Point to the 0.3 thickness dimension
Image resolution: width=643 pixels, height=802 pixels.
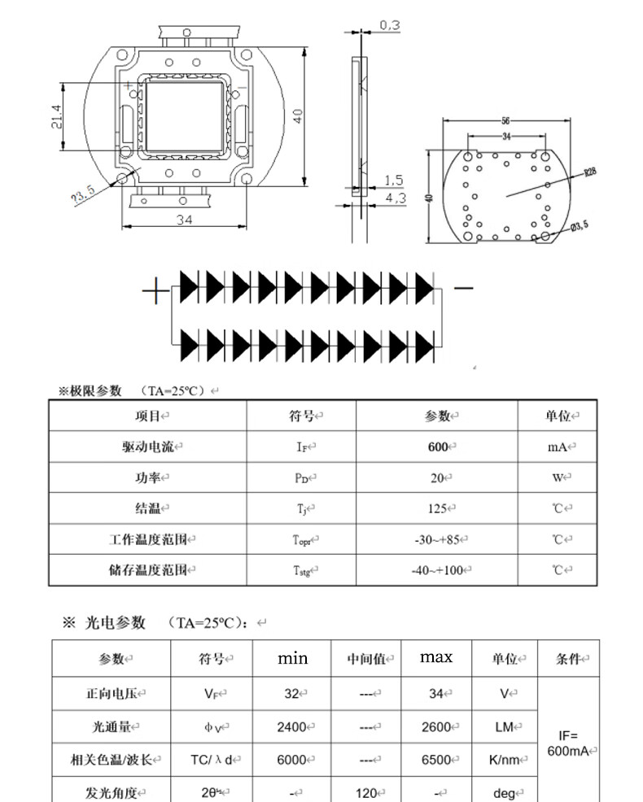(390, 26)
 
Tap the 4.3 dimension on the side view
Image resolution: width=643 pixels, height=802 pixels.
(395, 198)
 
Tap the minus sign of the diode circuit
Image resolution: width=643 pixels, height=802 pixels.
(462, 288)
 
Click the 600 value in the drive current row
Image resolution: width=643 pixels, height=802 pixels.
(438, 447)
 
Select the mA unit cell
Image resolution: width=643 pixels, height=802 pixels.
(557, 447)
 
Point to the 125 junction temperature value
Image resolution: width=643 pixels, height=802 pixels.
(437, 508)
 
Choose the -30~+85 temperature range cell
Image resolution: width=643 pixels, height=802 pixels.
(437, 539)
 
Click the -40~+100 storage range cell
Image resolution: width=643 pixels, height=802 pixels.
(437, 570)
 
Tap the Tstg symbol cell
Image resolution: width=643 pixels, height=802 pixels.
(301, 570)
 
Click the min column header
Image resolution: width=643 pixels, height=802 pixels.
(292, 658)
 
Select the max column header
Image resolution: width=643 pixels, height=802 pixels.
(436, 657)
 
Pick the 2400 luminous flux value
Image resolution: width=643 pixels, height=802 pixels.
(291, 727)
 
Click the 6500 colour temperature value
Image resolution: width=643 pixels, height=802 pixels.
(436, 760)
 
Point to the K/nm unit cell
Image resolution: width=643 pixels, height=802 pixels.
(504, 760)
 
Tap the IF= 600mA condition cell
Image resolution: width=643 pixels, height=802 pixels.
(568, 743)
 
